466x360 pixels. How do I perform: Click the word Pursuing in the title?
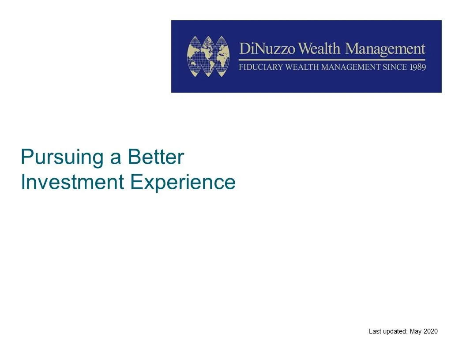62,157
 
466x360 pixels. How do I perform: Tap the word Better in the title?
156,157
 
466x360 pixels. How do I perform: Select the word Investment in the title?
72,182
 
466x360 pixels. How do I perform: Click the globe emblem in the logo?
208,56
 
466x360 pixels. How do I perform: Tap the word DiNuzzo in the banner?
267,49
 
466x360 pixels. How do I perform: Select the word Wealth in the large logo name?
319,49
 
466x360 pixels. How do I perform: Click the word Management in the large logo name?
385,49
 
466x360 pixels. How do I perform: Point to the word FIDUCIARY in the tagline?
261,67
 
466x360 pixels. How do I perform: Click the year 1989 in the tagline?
418,67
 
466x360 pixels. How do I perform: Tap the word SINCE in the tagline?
395,67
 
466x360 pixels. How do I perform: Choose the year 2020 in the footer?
430,331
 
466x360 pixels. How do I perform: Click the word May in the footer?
416,331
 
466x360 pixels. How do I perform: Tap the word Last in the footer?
375,331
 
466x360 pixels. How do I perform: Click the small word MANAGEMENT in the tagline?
351,67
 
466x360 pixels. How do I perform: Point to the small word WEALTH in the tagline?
302,67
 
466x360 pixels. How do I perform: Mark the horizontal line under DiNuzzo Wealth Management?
332,60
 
